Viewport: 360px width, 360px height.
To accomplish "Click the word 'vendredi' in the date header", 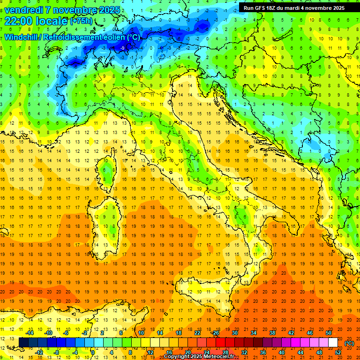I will (x=25, y=9).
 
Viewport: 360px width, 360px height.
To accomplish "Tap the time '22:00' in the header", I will (x=20, y=21).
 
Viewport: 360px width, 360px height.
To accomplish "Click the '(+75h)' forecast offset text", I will (x=81, y=22).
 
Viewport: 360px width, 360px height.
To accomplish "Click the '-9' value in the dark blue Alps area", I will (x=122, y=48).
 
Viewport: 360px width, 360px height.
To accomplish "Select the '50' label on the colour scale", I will (x=328, y=332).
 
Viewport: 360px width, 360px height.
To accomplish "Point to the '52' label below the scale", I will (x=338, y=352).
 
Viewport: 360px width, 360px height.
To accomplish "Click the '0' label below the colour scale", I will (x=92, y=352).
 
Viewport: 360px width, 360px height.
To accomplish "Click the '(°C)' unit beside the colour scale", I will (x=349, y=343).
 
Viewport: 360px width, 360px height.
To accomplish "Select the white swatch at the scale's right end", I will (x=333, y=342).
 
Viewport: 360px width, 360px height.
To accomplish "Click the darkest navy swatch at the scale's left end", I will (x=23, y=342).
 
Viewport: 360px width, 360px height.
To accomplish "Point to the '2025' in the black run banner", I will (x=337, y=7).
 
